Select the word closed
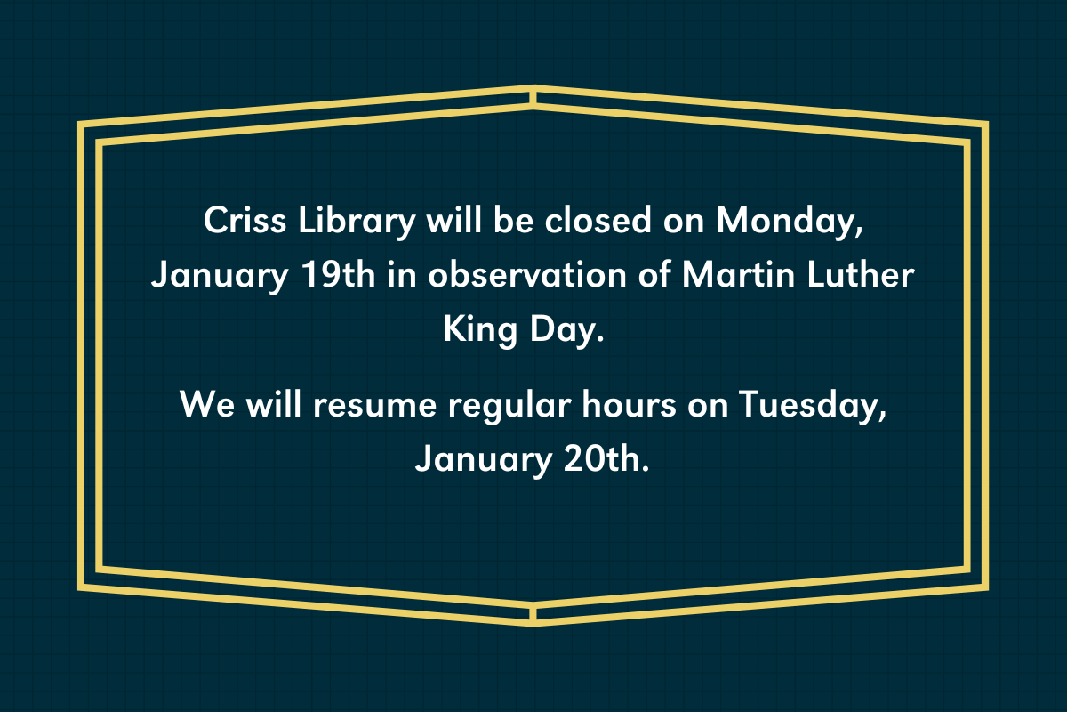tap(597, 221)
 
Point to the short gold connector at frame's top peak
tap(533, 97)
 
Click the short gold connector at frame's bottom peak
tap(533, 614)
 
